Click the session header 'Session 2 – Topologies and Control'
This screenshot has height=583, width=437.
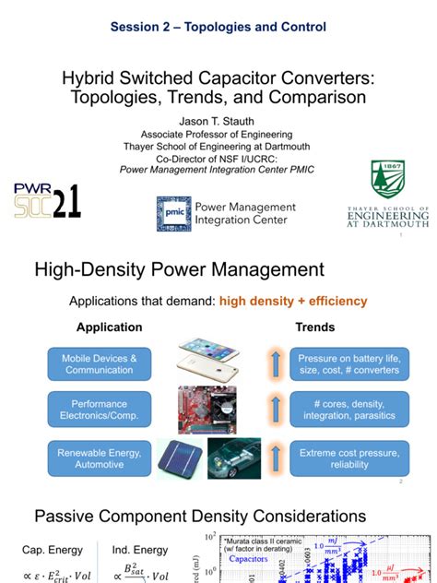tap(218, 28)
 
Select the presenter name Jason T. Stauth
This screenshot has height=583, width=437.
tap(218, 121)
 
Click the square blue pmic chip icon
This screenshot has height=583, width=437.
tap(171, 212)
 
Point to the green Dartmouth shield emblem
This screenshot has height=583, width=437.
tap(387, 180)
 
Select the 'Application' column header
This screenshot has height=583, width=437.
tap(109, 327)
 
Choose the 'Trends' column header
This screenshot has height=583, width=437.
tap(315, 327)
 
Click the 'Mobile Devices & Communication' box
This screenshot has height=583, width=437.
tap(100, 363)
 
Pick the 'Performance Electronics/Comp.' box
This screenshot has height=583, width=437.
tap(100, 410)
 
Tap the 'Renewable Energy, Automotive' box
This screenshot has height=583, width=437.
tap(100, 458)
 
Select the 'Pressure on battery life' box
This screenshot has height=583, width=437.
tap(348, 363)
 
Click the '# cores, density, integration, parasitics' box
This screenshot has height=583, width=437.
tap(348, 410)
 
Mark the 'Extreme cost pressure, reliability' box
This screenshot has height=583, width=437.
tap(348, 458)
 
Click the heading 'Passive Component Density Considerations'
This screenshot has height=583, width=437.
tap(200, 516)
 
